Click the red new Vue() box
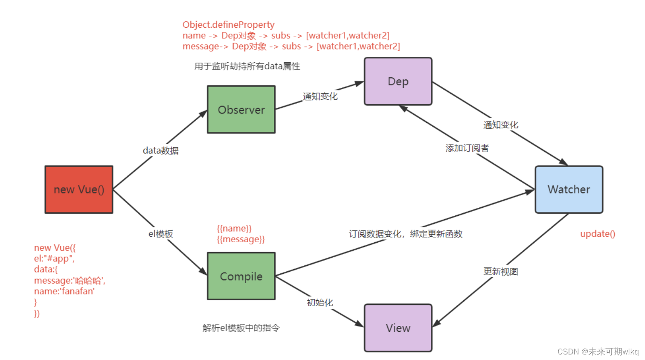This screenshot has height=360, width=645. click(x=79, y=189)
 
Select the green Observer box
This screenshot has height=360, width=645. click(x=241, y=110)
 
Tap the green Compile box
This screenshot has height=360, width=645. click(x=241, y=276)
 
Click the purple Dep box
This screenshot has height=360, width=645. click(x=398, y=81)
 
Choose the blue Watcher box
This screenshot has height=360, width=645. click(x=569, y=189)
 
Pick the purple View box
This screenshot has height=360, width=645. click(x=398, y=328)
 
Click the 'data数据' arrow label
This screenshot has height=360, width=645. click(x=160, y=151)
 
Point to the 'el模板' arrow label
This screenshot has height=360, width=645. click(x=160, y=234)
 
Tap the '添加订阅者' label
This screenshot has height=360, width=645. click(x=467, y=148)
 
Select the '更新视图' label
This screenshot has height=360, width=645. click(x=500, y=272)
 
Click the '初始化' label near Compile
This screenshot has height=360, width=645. click(x=320, y=302)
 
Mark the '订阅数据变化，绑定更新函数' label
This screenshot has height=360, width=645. click(x=405, y=234)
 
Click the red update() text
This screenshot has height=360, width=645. click(x=597, y=234)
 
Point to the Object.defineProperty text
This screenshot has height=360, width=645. click(x=228, y=25)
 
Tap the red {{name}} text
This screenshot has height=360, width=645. click(x=234, y=229)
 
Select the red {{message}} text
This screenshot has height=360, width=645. click(x=241, y=239)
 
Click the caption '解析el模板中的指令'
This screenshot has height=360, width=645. click(x=241, y=328)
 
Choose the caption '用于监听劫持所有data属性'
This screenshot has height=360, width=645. click(x=247, y=66)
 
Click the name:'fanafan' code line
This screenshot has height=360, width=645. click(x=64, y=291)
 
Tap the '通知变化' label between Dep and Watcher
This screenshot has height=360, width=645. click(x=500, y=125)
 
